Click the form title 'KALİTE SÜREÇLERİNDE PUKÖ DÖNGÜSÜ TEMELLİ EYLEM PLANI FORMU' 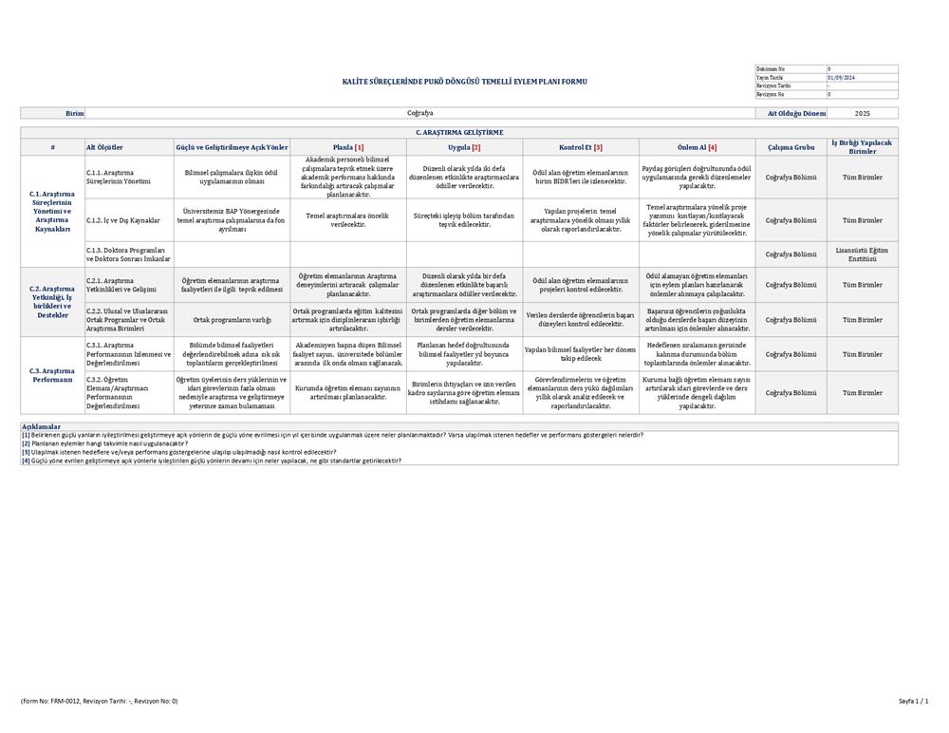[464, 82]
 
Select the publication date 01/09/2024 [842, 78]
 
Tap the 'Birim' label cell [75, 113]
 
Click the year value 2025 [862, 113]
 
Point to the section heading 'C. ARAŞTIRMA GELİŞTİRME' [459, 132]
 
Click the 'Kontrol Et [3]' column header [580, 147]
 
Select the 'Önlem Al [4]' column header [698, 147]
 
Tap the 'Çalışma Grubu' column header [791, 147]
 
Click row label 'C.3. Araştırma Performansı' [52, 375]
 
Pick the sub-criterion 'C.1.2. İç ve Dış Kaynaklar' [123, 220]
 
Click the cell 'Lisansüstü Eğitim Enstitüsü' [862, 254]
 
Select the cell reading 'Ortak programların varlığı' [232, 320]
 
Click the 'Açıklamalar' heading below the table [42, 427]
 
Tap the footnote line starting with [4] [211, 460]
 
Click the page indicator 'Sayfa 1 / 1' [913, 701]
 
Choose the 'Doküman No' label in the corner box [771, 69]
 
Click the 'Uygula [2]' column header [464, 147]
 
